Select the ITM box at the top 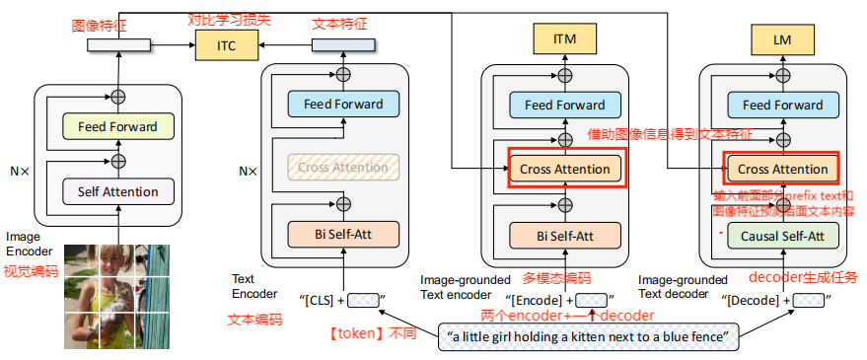click(565, 40)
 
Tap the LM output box click(782, 40)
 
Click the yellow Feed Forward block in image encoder click(117, 127)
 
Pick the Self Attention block click(117, 190)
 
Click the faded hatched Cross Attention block click(343, 168)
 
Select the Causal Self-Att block click(782, 235)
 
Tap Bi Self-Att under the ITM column click(565, 235)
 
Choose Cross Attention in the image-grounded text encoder click(565, 169)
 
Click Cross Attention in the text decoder click(783, 169)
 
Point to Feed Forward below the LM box click(782, 106)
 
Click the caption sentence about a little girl click(588, 337)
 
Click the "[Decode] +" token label click(756, 299)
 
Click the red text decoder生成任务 click(800, 276)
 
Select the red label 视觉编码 click(31, 270)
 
